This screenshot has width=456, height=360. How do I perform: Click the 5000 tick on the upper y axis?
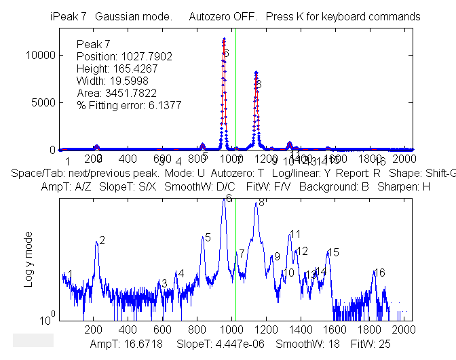(41, 102)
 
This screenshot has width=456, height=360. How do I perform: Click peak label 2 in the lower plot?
(102, 241)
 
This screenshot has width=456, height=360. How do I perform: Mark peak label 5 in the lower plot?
(208, 237)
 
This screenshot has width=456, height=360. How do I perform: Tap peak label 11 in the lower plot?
(295, 234)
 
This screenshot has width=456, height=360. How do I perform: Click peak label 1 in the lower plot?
(70, 274)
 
